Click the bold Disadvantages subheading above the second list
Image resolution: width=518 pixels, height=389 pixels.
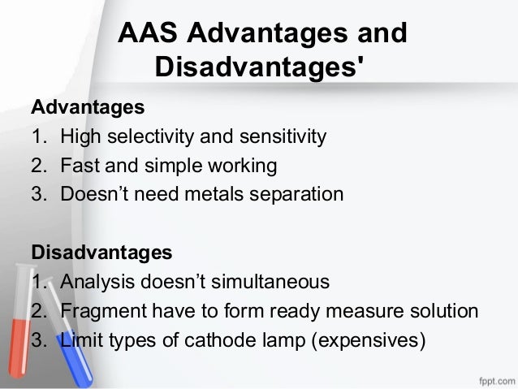pos(101,253)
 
